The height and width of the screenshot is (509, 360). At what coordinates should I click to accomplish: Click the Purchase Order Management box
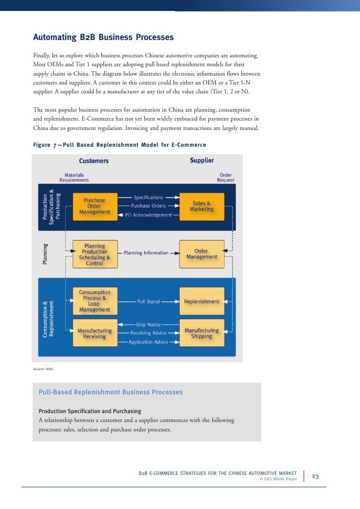pos(94,206)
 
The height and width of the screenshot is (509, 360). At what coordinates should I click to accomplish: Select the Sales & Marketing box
pos(201,206)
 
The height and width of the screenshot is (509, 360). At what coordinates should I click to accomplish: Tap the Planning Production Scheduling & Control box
pos(94,254)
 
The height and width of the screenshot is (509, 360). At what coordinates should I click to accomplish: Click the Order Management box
pos(201,254)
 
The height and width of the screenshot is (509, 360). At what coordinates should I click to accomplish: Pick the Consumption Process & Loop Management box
pos(94,301)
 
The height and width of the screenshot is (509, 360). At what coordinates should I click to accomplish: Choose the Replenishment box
pos(201,301)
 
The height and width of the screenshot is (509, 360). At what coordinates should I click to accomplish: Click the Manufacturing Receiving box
pos(94,333)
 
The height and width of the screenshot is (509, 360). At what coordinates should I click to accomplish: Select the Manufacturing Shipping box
pos(201,333)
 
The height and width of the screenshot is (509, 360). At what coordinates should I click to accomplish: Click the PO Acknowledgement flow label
pos(148,215)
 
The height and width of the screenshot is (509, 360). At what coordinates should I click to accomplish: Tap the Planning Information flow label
pos(146,253)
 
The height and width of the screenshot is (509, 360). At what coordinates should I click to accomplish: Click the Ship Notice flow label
pos(148,325)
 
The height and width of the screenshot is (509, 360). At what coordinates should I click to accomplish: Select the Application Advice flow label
pos(148,342)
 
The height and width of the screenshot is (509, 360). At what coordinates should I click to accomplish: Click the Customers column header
pos(94,161)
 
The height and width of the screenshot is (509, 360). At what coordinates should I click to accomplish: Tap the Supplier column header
pos(202,161)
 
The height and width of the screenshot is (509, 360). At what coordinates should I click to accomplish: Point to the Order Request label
pos(225,177)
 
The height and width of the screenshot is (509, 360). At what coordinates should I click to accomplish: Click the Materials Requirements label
pos(74,177)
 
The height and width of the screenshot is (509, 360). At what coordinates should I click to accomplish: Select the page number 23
pos(315,476)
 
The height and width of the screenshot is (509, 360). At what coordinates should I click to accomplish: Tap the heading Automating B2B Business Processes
pos(103,38)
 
